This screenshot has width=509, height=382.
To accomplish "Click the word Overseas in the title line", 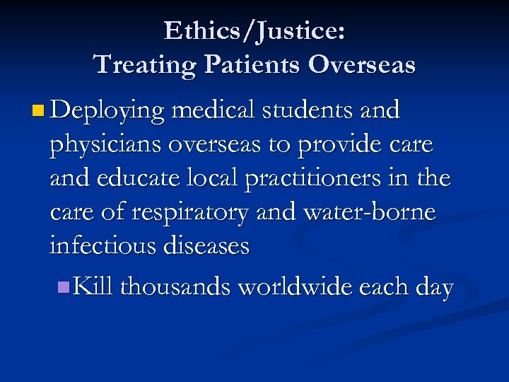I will point(362,64).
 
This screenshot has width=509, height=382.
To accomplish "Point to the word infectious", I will point(104,245).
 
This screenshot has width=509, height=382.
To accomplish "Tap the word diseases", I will point(207,245).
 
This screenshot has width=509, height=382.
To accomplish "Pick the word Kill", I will point(94,286).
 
